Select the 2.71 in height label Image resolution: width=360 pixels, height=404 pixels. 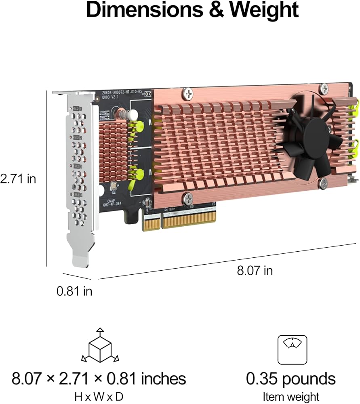[x=18, y=179]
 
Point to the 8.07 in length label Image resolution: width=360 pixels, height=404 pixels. [x=255, y=270]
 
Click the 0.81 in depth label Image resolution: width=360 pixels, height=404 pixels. [x=74, y=290]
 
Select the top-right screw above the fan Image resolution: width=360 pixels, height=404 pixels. [x=324, y=88]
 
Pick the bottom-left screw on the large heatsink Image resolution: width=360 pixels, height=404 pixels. [x=187, y=198]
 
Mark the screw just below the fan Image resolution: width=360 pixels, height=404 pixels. [x=322, y=184]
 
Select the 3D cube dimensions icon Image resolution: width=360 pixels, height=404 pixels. [x=100, y=347]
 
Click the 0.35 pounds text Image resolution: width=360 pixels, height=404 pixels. [x=291, y=379]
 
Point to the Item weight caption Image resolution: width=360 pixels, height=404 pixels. [x=291, y=396]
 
